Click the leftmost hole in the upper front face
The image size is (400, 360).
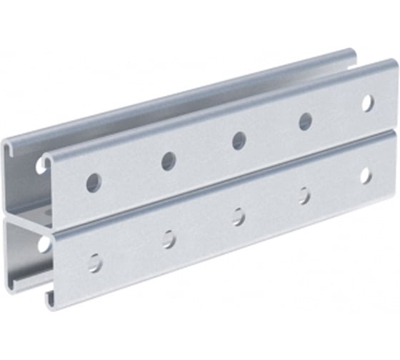pos(94,182)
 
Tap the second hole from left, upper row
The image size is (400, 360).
pos(169,161)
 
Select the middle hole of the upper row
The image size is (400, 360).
pos(239,141)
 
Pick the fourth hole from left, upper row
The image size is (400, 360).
pos(306,121)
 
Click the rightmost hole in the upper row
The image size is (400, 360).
pos(367,103)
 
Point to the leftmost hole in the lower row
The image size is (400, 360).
pos(95,262)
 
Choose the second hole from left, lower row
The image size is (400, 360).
pos(169,239)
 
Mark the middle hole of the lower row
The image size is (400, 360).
pos(239,216)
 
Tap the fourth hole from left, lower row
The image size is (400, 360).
pos(305,195)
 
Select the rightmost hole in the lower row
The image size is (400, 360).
pos(366,175)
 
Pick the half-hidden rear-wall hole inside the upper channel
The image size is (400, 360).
pos(40,166)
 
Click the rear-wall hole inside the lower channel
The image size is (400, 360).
pos(44,244)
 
